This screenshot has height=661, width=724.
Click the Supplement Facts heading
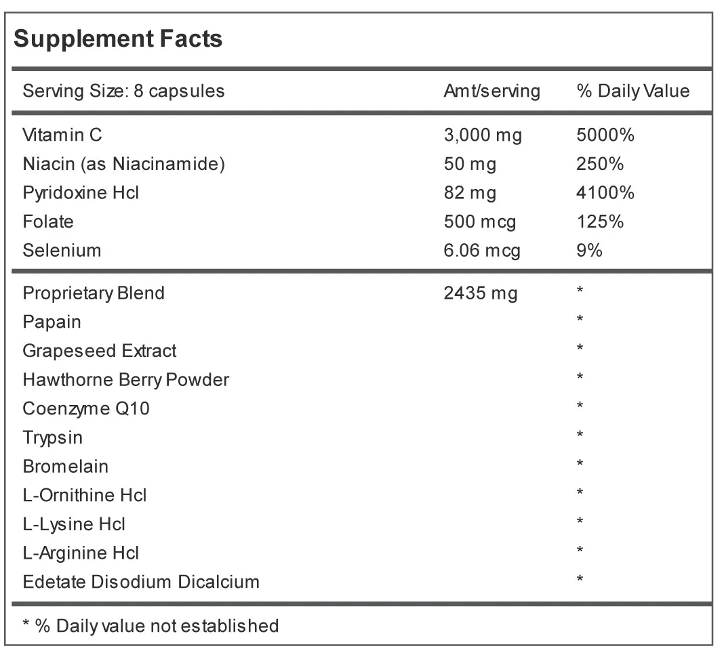pyautogui.click(x=118, y=39)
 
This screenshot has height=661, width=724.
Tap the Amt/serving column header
pyautogui.click(x=491, y=91)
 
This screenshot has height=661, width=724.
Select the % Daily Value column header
pyautogui.click(x=633, y=91)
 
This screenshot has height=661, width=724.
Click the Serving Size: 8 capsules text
pyautogui.click(x=124, y=91)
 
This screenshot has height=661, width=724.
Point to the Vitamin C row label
pyautogui.click(x=62, y=135)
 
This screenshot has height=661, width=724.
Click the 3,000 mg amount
pyautogui.click(x=483, y=135)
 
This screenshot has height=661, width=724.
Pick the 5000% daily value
pyautogui.click(x=605, y=135)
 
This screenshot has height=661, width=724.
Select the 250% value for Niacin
pyautogui.click(x=600, y=164)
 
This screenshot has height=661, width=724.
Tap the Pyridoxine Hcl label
pyautogui.click(x=81, y=193)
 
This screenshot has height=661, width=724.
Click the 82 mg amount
pyautogui.click(x=470, y=193)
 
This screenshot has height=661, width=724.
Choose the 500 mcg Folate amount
pyautogui.click(x=480, y=222)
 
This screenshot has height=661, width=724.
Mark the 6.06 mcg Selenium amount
pyautogui.click(x=482, y=251)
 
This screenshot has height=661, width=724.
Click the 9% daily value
pyautogui.click(x=589, y=251)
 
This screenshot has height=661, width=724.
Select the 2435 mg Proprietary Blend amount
pyautogui.click(x=481, y=293)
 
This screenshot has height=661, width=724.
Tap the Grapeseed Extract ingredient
pyautogui.click(x=100, y=351)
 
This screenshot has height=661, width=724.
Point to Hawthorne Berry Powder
pyautogui.click(x=126, y=380)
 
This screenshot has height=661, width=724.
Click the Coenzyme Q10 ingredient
pyautogui.click(x=86, y=408)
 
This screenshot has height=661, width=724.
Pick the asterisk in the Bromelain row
pyautogui.click(x=580, y=463)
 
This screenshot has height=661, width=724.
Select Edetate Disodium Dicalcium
pyautogui.click(x=141, y=582)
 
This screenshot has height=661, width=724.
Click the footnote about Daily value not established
pyautogui.click(x=151, y=626)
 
